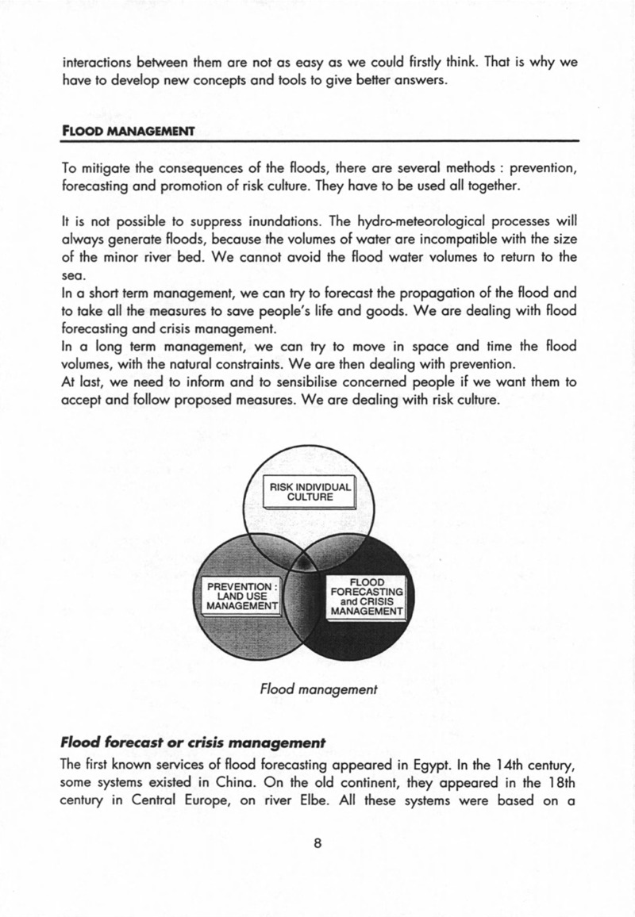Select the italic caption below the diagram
pos(317,690)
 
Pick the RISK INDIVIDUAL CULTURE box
pos(309,493)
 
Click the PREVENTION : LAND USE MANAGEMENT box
pos(240,596)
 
